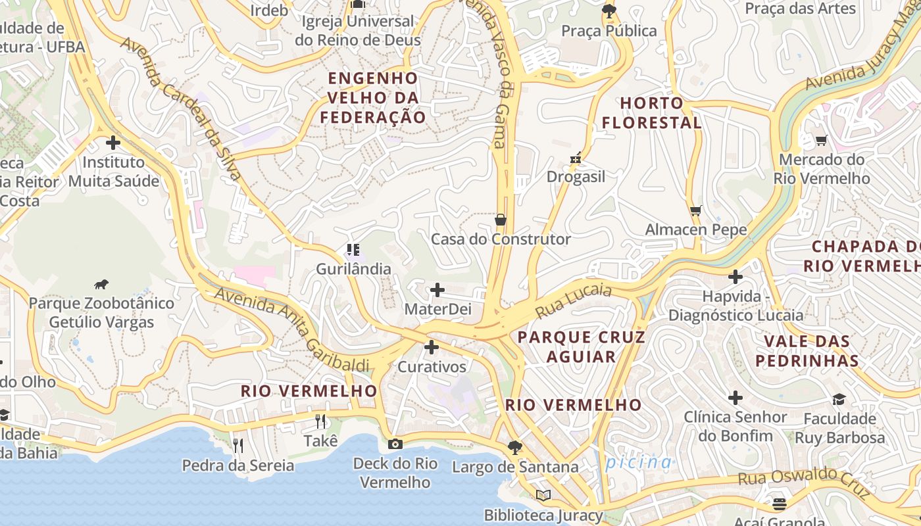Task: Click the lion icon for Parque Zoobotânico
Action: click(x=101, y=285)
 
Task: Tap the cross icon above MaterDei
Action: click(x=437, y=289)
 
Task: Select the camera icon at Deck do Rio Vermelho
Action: click(x=395, y=444)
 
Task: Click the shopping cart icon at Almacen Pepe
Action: click(x=696, y=210)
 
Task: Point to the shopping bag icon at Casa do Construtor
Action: click(x=501, y=220)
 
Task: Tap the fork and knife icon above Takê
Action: click(x=320, y=421)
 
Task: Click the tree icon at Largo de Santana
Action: click(x=515, y=448)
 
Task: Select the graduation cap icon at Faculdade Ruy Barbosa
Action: click(x=839, y=399)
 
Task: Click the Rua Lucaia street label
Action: click(x=574, y=301)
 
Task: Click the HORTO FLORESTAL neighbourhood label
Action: click(x=651, y=113)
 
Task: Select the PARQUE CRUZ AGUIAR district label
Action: click(x=581, y=347)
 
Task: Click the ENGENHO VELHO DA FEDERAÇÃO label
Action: click(x=373, y=97)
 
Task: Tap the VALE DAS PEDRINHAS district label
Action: click(x=807, y=350)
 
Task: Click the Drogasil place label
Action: click(x=576, y=177)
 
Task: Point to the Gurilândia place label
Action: click(x=353, y=269)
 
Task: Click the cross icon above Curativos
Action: click(x=432, y=347)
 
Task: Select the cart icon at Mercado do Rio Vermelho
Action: click(x=821, y=140)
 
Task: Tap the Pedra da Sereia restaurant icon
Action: click(x=238, y=446)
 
